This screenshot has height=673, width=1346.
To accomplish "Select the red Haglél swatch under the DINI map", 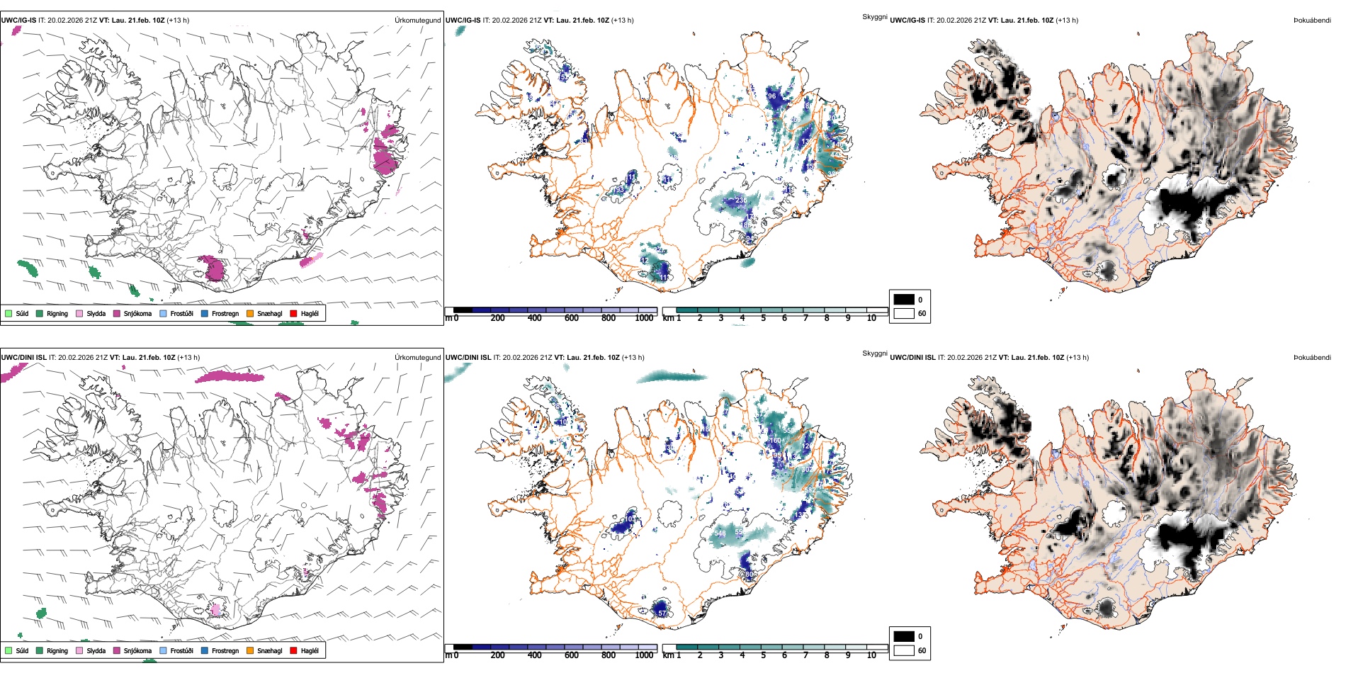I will [294, 650].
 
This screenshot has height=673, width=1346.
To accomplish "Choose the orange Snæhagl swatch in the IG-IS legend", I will [250, 313].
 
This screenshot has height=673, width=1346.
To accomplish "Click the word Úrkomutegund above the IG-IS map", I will [417, 21].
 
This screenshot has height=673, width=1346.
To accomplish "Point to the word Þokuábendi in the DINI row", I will [1312, 358].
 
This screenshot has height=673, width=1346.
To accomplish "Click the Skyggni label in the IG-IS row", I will [874, 16].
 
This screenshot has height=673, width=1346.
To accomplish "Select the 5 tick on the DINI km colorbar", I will [763, 655].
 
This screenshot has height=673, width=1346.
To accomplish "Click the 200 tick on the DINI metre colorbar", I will [497, 655].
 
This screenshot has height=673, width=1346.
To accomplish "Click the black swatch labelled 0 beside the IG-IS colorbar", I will [904, 300].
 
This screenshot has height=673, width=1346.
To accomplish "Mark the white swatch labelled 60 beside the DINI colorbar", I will [904, 650].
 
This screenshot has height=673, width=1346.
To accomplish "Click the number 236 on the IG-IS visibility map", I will [741, 200].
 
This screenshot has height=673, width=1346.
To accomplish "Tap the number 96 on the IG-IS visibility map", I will [771, 96].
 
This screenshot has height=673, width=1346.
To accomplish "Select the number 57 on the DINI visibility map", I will [662, 613].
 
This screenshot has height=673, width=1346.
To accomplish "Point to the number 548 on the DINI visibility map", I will [720, 533].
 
